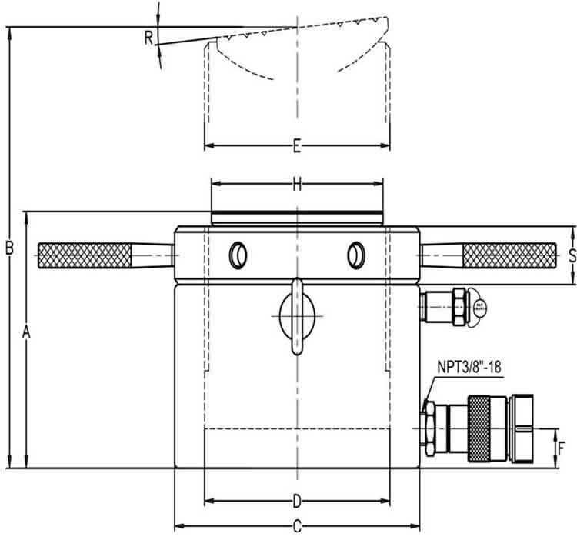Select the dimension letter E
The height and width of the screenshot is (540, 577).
pyautogui.click(x=297, y=146)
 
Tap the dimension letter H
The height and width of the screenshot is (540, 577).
pyautogui.click(x=297, y=184)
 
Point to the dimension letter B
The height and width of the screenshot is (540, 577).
pyautogui.click(x=10, y=248)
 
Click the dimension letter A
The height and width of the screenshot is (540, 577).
pyautogui.click(x=26, y=332)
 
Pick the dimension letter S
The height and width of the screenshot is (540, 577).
pyautogui.click(x=571, y=256)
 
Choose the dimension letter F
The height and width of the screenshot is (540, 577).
pyautogui.click(x=562, y=448)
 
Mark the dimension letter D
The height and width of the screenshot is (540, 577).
pyautogui.click(x=297, y=502)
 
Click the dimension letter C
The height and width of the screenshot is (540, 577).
pyautogui.click(x=297, y=528)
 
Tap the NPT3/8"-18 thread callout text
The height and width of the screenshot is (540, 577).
pyautogui.click(x=470, y=368)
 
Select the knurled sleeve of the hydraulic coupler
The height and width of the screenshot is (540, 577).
pyautogui.click(x=482, y=428)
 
